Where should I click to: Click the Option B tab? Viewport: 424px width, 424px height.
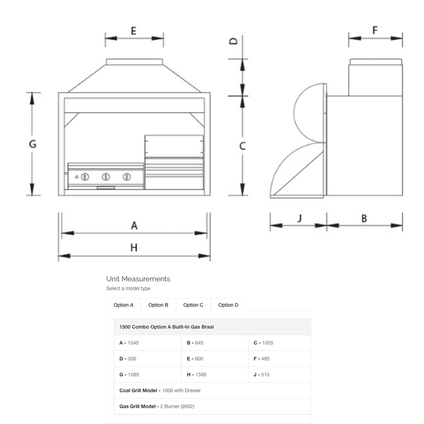pos(158,305)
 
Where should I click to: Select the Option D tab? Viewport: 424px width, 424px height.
pos(228,305)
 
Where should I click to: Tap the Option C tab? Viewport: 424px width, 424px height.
pos(193,305)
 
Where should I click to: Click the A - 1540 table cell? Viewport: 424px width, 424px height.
pos(129,343)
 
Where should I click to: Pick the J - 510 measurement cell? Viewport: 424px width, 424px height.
pos(261,375)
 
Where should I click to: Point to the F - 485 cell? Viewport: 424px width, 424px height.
pos(261,359)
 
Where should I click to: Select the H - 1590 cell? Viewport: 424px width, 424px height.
pos(196,375)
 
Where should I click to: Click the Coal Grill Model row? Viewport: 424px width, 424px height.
pos(160,390)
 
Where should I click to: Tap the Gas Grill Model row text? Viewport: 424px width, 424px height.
pos(157,406)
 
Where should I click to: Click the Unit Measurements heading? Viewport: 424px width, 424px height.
pos(138,279)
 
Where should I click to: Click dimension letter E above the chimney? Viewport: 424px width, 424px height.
pos(134,31)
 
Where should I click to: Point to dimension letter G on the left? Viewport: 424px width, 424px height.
pos(33,144)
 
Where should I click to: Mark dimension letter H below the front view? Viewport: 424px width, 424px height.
pos(134,248)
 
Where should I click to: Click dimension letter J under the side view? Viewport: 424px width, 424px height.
pos(300,218)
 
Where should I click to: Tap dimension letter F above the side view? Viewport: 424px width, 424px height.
pos(375,30)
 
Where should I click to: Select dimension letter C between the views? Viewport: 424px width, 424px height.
pos(242,146)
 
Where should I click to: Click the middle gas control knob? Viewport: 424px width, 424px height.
pos(106,177)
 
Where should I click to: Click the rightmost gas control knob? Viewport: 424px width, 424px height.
pos(127,177)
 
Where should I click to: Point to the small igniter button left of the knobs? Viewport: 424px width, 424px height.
pos(77,177)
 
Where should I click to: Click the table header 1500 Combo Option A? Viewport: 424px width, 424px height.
pos(166,327)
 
